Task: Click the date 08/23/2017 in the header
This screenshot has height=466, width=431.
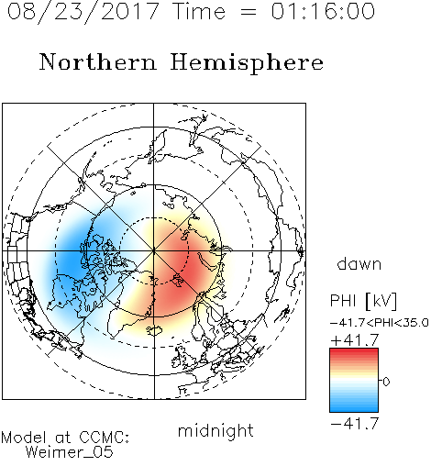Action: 83,12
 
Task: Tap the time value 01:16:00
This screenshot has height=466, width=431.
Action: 323,11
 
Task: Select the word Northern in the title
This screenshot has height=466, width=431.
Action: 98,62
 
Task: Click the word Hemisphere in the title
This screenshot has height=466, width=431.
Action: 247,63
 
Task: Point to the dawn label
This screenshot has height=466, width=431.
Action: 359,264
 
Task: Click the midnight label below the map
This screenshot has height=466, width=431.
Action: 215,430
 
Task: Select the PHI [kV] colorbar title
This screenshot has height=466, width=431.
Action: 363,301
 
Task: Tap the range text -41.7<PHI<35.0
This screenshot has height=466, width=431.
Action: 380,323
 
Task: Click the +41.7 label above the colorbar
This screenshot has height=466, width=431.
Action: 355,340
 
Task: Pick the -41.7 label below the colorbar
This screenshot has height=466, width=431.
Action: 355,424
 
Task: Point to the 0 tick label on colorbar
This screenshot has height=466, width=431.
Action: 386,382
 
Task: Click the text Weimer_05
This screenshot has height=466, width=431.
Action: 70,452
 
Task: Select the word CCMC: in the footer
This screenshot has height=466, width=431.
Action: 104,438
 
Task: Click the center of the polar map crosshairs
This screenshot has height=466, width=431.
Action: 154,250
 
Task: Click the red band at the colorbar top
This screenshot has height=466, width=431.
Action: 354,351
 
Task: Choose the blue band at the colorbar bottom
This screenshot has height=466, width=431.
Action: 354,408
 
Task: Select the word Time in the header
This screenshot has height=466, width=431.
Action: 199,11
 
